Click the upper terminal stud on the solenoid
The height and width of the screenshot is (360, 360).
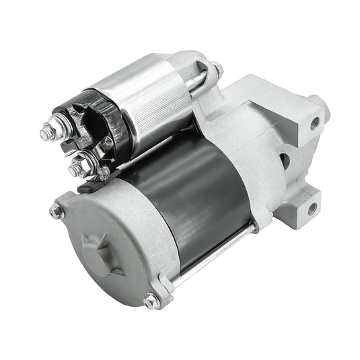click(x=48, y=132)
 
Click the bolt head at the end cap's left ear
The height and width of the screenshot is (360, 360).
click(x=56, y=211)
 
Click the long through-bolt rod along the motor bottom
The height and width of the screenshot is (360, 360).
click(x=215, y=256)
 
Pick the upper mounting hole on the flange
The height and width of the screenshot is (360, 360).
click(x=314, y=122)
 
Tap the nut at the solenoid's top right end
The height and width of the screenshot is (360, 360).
click(x=217, y=68)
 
